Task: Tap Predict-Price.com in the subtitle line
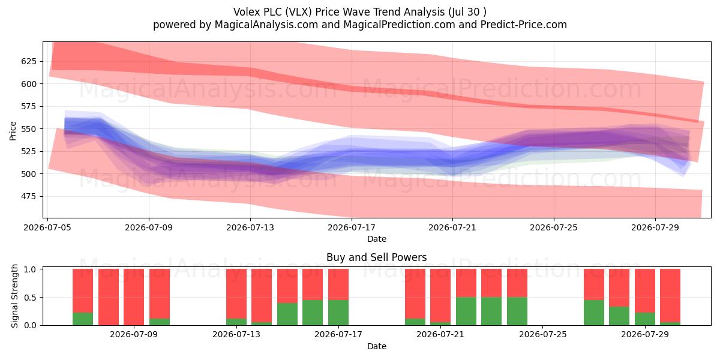tap(524, 25)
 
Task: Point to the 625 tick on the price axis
tap(29, 61)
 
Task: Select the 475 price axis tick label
tap(29, 196)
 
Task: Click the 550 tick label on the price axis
tap(29, 128)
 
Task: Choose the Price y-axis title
tap(13, 131)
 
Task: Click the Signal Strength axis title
tap(14, 296)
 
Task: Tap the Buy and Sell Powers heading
tap(376, 257)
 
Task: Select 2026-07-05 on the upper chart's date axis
tap(47, 227)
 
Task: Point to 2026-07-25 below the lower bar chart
tap(543, 334)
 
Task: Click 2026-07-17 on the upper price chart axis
tap(352, 227)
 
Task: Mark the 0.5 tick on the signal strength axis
tap(30, 298)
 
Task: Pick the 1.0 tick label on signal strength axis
tap(30, 269)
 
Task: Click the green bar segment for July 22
tap(466, 311)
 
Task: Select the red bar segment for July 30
tap(670, 295)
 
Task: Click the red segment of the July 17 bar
tap(338, 284)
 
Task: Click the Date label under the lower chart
tap(376, 346)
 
